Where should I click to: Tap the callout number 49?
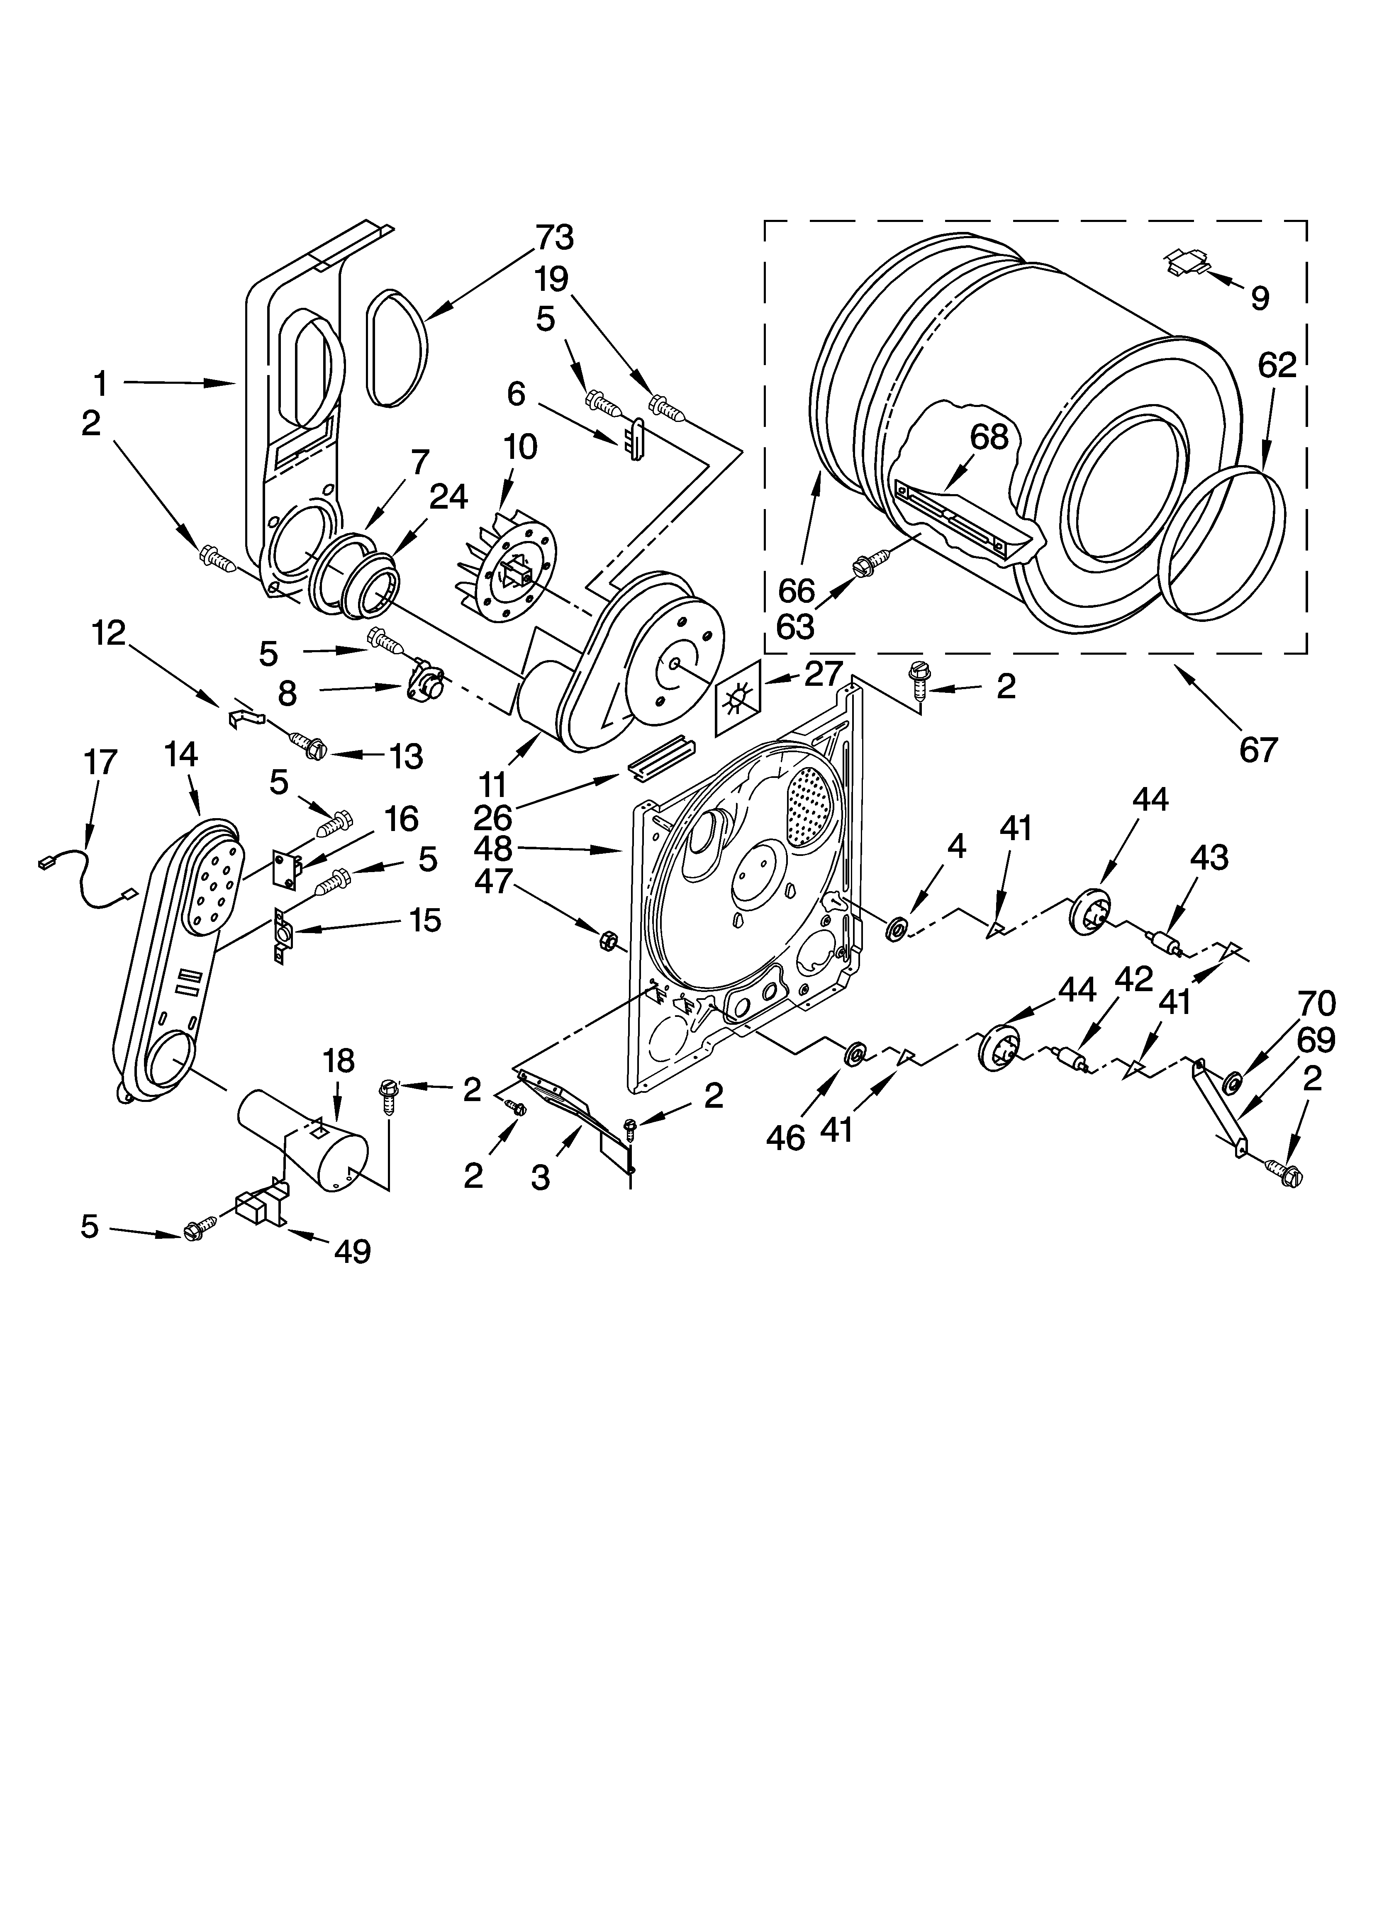click(352, 1250)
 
